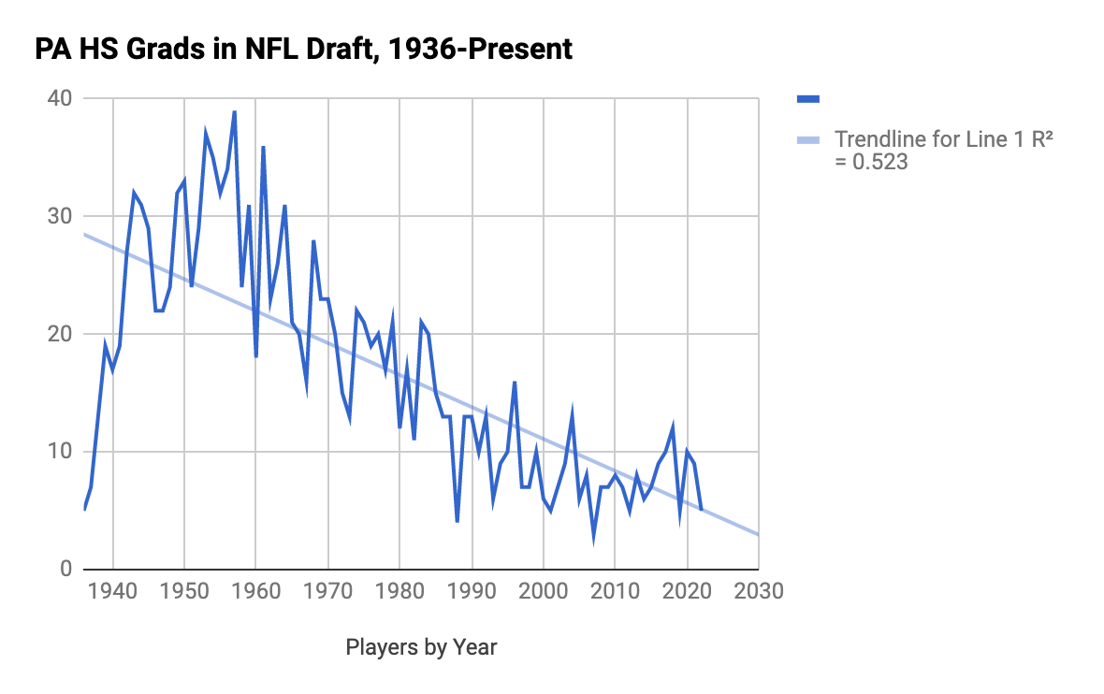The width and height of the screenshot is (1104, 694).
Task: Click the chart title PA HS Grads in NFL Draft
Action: coord(304,49)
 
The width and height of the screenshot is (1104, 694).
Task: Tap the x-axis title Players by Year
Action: coord(421,647)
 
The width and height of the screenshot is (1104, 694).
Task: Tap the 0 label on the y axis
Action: coord(65,570)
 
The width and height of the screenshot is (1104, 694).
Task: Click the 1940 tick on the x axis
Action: coord(113,591)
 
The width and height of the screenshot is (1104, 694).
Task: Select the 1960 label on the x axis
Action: coord(256,591)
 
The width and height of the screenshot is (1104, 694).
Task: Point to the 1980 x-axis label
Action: coord(399,591)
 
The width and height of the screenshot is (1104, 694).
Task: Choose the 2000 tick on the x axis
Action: coord(544,591)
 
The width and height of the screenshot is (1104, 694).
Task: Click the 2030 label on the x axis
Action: coord(759,591)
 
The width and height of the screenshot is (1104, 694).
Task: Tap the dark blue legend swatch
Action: coord(807,99)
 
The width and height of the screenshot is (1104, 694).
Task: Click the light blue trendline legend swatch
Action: coord(807,140)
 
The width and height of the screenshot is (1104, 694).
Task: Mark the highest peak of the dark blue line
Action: coord(234,111)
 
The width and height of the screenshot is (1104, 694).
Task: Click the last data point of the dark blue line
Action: coord(701,510)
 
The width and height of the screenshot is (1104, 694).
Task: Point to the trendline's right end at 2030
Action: coord(758,534)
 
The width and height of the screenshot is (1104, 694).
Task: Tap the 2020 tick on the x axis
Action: coord(687,591)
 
